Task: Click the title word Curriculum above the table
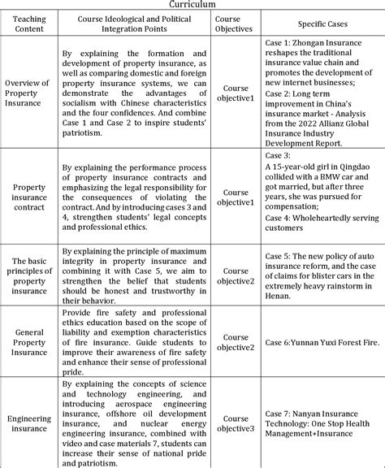(192, 4)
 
